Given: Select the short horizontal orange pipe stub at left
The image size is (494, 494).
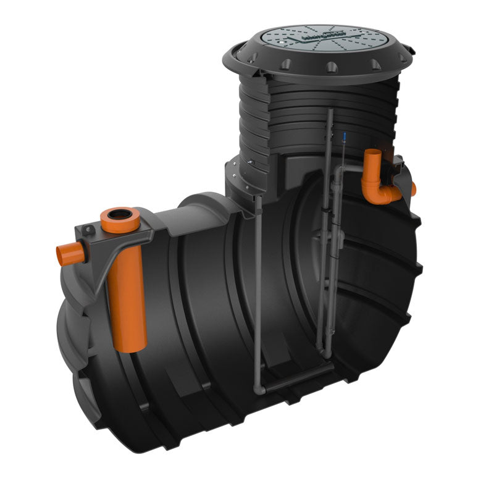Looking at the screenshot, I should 66,254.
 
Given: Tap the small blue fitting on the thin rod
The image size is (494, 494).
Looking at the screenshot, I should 339,134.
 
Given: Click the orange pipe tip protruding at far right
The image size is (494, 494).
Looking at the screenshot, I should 411,188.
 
